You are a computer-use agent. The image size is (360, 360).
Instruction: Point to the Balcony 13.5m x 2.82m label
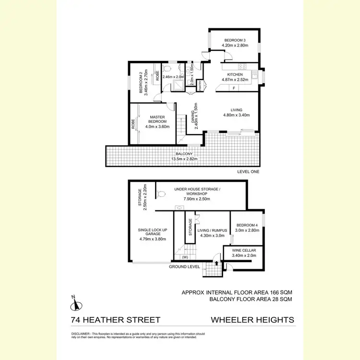click(181, 157)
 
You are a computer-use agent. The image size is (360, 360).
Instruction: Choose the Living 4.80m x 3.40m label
click(236, 113)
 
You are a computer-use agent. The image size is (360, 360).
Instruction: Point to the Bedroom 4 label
click(247, 228)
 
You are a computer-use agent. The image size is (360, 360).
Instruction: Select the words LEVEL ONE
click(249, 171)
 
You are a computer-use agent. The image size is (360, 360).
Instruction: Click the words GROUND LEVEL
click(184, 266)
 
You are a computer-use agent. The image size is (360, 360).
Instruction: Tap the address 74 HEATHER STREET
click(115, 320)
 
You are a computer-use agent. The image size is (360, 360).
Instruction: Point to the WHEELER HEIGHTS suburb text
click(252, 320)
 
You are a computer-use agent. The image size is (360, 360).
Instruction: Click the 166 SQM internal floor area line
click(237, 292)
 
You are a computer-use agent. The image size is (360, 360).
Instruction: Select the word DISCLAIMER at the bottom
click(80, 333)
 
